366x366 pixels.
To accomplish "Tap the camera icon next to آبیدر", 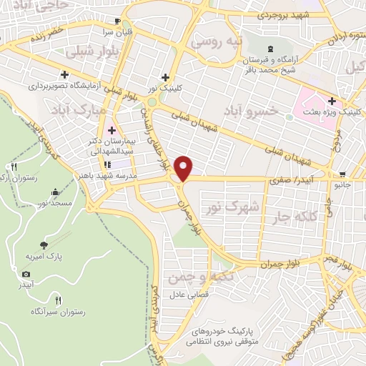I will [x=26, y=274].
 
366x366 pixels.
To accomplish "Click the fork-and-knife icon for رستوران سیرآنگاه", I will [x=59, y=300].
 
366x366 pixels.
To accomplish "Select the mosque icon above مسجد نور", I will [x=56, y=192].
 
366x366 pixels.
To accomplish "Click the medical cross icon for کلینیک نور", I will [x=165, y=77].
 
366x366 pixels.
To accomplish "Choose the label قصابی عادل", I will [x=187, y=295].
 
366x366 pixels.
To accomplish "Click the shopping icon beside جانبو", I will [x=343, y=174].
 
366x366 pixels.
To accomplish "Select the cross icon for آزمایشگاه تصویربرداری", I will [x=65, y=74].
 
